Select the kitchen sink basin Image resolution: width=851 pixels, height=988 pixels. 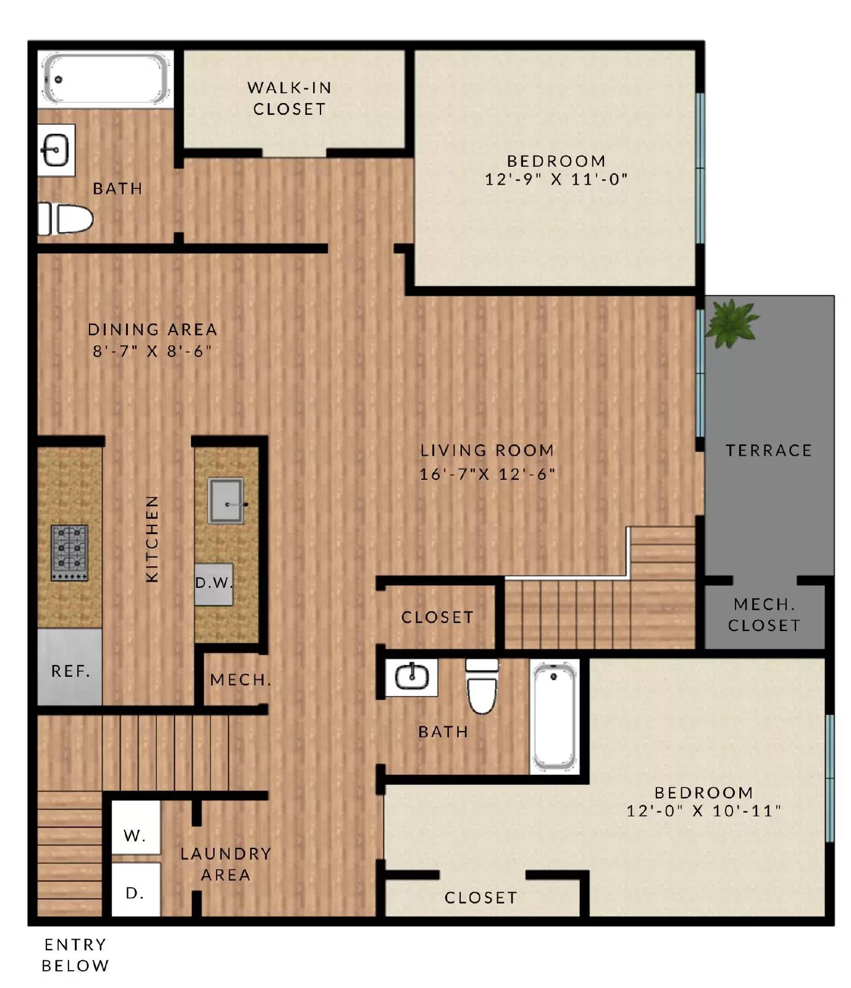pyautogui.click(x=225, y=501)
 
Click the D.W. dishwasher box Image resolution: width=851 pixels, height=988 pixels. pyautogui.click(x=214, y=584)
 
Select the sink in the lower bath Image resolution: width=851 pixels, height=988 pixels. pyautogui.click(x=411, y=677)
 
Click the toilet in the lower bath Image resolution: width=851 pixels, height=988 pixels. pyautogui.click(x=482, y=687)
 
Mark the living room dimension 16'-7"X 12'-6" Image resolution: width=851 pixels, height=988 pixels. pyautogui.click(x=487, y=474)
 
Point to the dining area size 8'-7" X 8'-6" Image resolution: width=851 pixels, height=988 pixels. pyautogui.click(x=153, y=351)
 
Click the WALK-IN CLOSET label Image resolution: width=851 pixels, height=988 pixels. pyautogui.click(x=289, y=98)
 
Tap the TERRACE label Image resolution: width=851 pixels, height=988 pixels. pyautogui.click(x=768, y=451)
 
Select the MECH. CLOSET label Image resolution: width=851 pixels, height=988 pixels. pyautogui.click(x=764, y=615)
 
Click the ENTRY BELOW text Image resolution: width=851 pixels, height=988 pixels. pyautogui.click(x=75, y=955)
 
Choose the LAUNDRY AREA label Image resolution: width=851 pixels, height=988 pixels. pyautogui.click(x=225, y=864)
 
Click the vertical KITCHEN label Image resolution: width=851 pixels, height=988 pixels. pyautogui.click(x=152, y=538)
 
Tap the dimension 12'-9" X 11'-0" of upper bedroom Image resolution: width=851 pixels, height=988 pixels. pyautogui.click(x=556, y=180)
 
